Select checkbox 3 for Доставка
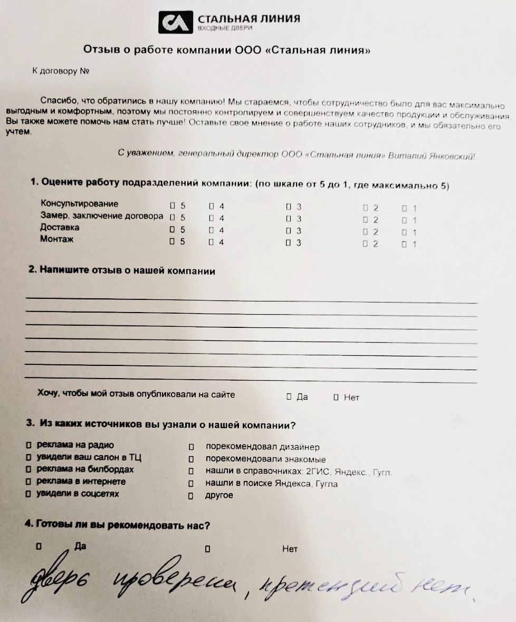click(x=289, y=231)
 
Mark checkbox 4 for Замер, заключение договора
click(x=211, y=218)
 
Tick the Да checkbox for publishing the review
click(x=289, y=397)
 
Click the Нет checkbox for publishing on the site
click(x=336, y=397)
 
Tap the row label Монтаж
click(x=56, y=240)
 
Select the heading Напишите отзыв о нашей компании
click(x=122, y=271)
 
